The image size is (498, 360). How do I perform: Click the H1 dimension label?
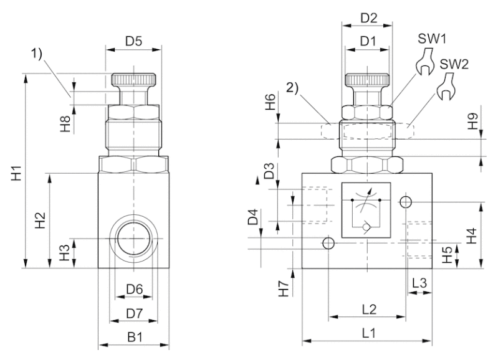(16, 173)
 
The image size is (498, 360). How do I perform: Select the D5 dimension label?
(134, 41)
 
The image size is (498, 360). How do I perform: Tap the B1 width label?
(135, 338)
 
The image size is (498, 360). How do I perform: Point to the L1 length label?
(369, 333)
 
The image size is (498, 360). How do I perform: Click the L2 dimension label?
(369, 309)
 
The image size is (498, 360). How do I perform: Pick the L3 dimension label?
(419, 283)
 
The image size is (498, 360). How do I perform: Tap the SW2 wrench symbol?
(446, 87)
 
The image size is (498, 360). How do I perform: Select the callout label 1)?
(36, 54)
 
